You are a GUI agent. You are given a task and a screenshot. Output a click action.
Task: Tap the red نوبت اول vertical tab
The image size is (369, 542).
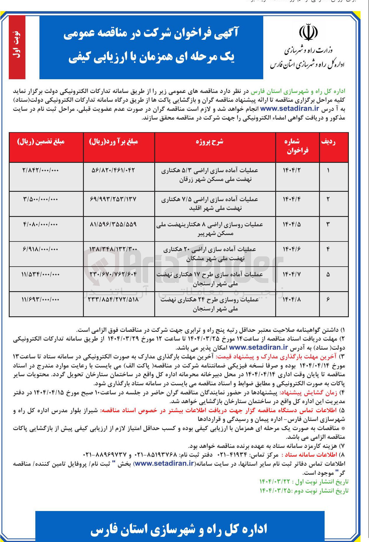(17, 47)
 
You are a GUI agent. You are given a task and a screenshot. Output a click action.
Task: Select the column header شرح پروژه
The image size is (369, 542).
(209, 142)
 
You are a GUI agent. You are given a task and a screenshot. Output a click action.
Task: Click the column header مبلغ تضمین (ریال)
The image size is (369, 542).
(41, 142)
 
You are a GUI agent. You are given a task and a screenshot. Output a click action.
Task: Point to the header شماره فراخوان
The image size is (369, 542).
(297, 146)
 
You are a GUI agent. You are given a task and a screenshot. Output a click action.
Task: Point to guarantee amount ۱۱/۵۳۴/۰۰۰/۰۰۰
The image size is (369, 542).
(41, 275)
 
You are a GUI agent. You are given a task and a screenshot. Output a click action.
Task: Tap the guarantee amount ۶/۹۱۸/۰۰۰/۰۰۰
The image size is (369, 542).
(41, 250)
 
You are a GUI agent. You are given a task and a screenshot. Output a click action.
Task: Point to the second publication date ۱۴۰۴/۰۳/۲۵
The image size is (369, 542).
(276, 491)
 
